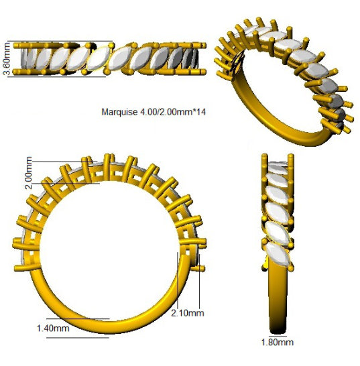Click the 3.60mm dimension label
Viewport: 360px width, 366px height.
pyautogui.click(x=7, y=59)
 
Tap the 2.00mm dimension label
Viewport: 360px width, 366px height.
pyautogui.click(x=29, y=172)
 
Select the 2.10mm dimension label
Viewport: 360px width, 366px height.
pyautogui.click(x=188, y=313)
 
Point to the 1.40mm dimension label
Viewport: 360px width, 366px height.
pyautogui.click(x=53, y=328)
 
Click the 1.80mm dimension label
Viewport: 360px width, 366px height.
pyautogui.click(x=277, y=343)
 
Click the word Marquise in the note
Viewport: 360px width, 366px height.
pyautogui.click(x=119, y=112)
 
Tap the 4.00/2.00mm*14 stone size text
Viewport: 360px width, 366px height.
pyautogui.click(x=173, y=112)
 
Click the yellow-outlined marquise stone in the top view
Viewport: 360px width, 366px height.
pyautogui.click(x=98, y=58)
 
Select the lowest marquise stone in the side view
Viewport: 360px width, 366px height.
pyautogui.click(x=278, y=255)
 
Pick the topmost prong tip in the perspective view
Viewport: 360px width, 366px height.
pyautogui.click(x=259, y=19)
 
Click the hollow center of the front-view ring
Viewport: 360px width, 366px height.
pyautogui.click(x=110, y=252)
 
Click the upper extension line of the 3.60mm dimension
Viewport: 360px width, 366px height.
pyautogui.click(x=60, y=41)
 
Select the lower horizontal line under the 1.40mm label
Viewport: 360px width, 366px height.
pyautogui.click(x=78, y=338)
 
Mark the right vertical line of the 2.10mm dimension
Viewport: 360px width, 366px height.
pyautogui.click(x=199, y=282)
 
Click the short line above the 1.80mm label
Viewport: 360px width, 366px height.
pyautogui.click(x=278, y=337)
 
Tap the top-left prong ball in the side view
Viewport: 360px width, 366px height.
pyautogui.click(x=265, y=156)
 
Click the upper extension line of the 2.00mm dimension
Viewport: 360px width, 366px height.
pyautogui.click(x=64, y=162)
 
